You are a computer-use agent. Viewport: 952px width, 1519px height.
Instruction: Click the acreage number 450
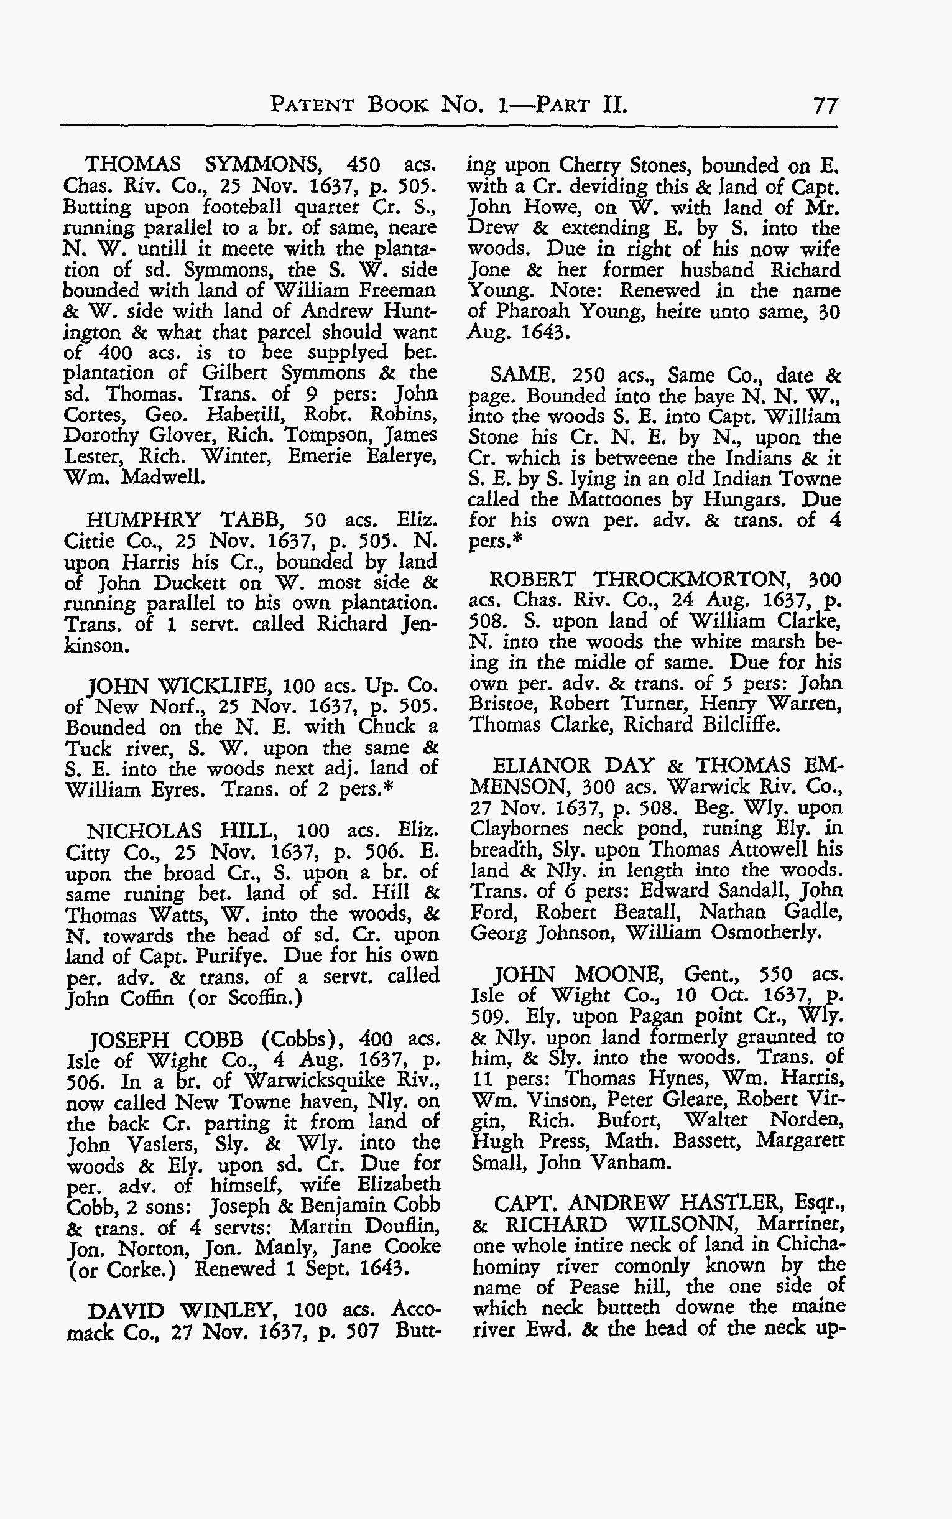(364, 165)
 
